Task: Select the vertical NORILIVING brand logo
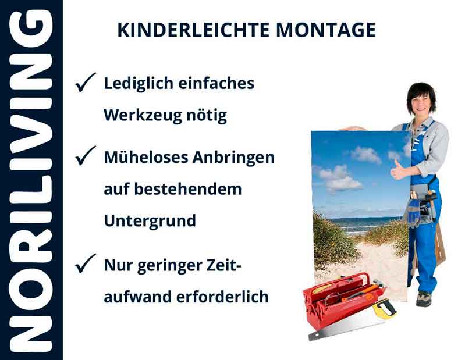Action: point(31,180)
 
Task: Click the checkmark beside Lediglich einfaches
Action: point(86,84)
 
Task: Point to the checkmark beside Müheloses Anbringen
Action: point(86,156)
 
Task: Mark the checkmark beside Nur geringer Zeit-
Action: point(86,265)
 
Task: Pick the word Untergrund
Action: point(150,221)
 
